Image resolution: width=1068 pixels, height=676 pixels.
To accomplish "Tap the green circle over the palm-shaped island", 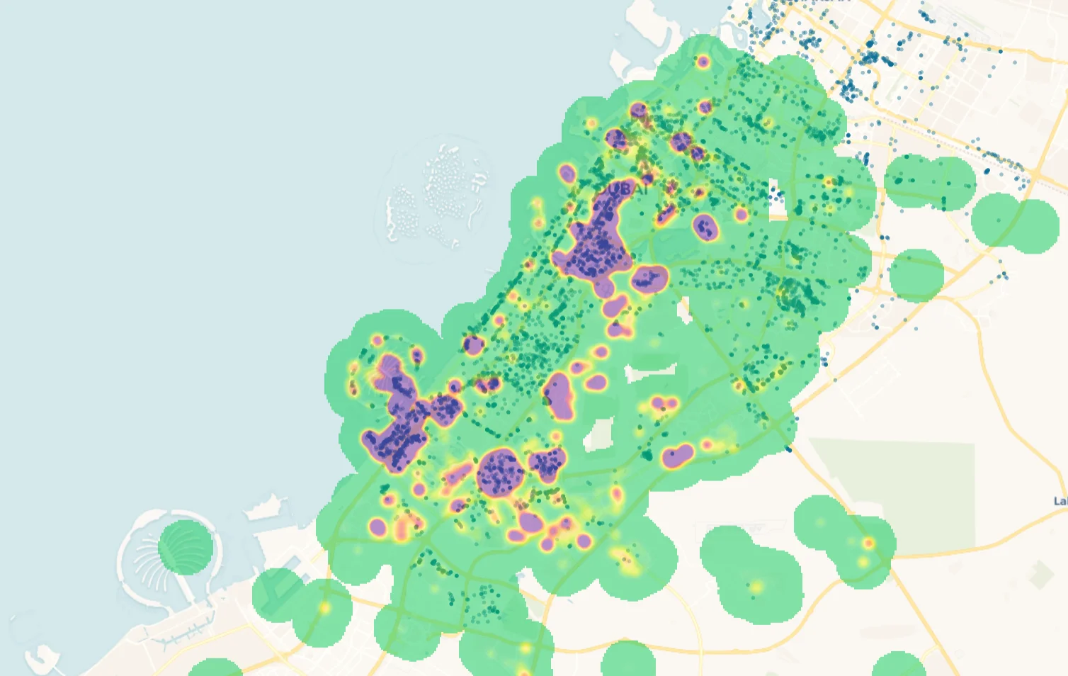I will pos(186,547).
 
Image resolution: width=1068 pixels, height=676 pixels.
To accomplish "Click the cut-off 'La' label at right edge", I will pos(1060,501).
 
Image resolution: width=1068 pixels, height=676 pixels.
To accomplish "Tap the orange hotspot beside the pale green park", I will pos(868,543).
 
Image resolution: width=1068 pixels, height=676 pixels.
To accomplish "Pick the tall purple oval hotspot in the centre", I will pos(559,395).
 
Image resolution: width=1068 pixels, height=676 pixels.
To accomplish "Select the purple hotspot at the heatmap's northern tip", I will pos(703,62).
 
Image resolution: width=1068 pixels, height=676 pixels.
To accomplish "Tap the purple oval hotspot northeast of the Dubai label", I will pos(705,228).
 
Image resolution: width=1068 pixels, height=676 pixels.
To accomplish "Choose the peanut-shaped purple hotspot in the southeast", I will pos(678,456).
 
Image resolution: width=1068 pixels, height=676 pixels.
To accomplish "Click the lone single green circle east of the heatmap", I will pos(916,275).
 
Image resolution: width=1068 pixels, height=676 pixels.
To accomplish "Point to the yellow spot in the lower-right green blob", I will pos(756,587).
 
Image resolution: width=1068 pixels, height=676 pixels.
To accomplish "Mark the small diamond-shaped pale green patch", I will pos(1042,575).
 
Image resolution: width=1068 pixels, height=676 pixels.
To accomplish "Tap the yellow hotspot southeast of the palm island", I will pos(324,607).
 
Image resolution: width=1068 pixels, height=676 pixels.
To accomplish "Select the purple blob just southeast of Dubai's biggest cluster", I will pos(649,279).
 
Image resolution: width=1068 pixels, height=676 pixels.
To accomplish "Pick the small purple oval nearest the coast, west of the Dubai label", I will pos(567,174).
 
